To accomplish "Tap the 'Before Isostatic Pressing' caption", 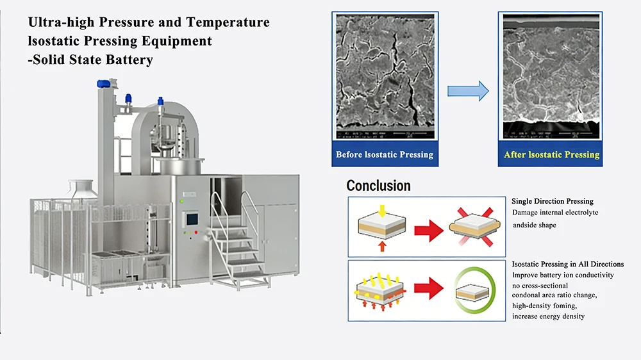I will click(x=385, y=154).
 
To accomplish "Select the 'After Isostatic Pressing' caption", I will click(x=551, y=154).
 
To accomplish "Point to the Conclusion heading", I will click(x=378, y=186).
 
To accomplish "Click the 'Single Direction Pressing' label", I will click(x=553, y=201).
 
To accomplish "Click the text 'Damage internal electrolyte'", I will click(x=555, y=212).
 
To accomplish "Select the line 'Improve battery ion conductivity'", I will click(x=563, y=275).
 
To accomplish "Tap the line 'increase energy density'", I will click(x=548, y=316).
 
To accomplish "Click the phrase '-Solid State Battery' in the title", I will click(x=90, y=60).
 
